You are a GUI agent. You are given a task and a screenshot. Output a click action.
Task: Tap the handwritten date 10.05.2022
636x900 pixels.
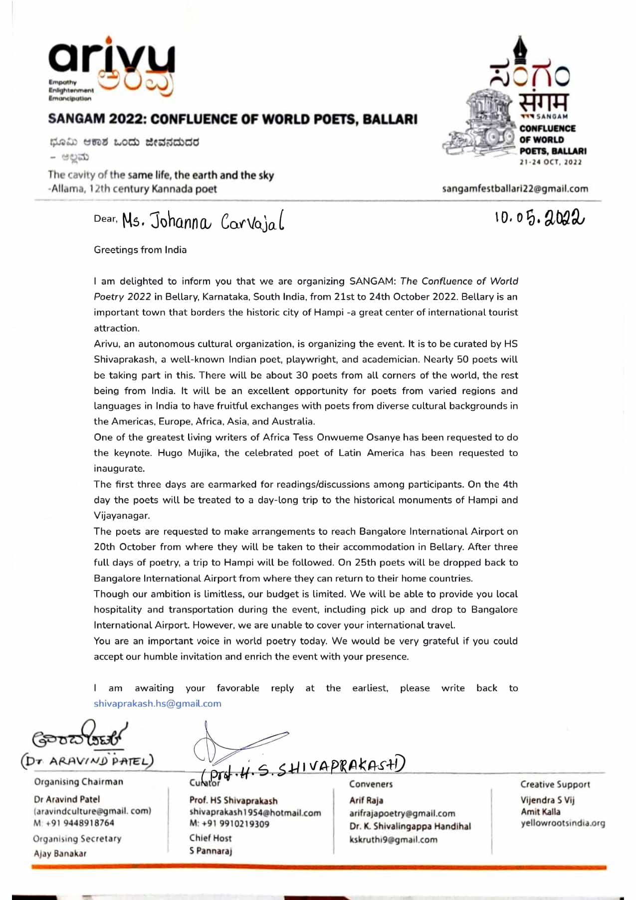[x=539, y=218]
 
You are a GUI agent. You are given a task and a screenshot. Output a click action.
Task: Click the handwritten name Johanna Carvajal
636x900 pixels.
[x=204, y=221]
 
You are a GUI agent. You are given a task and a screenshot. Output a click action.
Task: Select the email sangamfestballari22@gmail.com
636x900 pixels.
[x=515, y=189]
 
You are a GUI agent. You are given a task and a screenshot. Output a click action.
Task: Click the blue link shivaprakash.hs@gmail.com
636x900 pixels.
[x=157, y=704]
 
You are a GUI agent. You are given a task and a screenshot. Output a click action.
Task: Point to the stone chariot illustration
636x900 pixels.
[x=482, y=123]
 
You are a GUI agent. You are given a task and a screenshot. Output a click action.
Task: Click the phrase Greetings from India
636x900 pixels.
[x=140, y=250]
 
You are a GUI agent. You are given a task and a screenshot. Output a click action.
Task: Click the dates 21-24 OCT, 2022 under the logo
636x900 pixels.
[x=550, y=162]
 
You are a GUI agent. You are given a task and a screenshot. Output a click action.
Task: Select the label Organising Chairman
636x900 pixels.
[x=78, y=782]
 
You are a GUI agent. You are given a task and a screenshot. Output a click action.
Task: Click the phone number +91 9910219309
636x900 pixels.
[x=229, y=824]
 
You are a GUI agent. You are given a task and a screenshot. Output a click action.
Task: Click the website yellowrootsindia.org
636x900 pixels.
[x=563, y=823]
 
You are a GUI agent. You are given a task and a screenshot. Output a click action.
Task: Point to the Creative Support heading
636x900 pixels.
[x=555, y=784]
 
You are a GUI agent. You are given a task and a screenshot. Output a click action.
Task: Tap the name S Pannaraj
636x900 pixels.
[x=211, y=851]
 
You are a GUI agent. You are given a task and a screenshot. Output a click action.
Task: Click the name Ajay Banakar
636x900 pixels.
[x=60, y=853]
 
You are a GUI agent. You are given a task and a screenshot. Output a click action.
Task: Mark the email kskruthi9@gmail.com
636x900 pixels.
[x=393, y=840]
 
